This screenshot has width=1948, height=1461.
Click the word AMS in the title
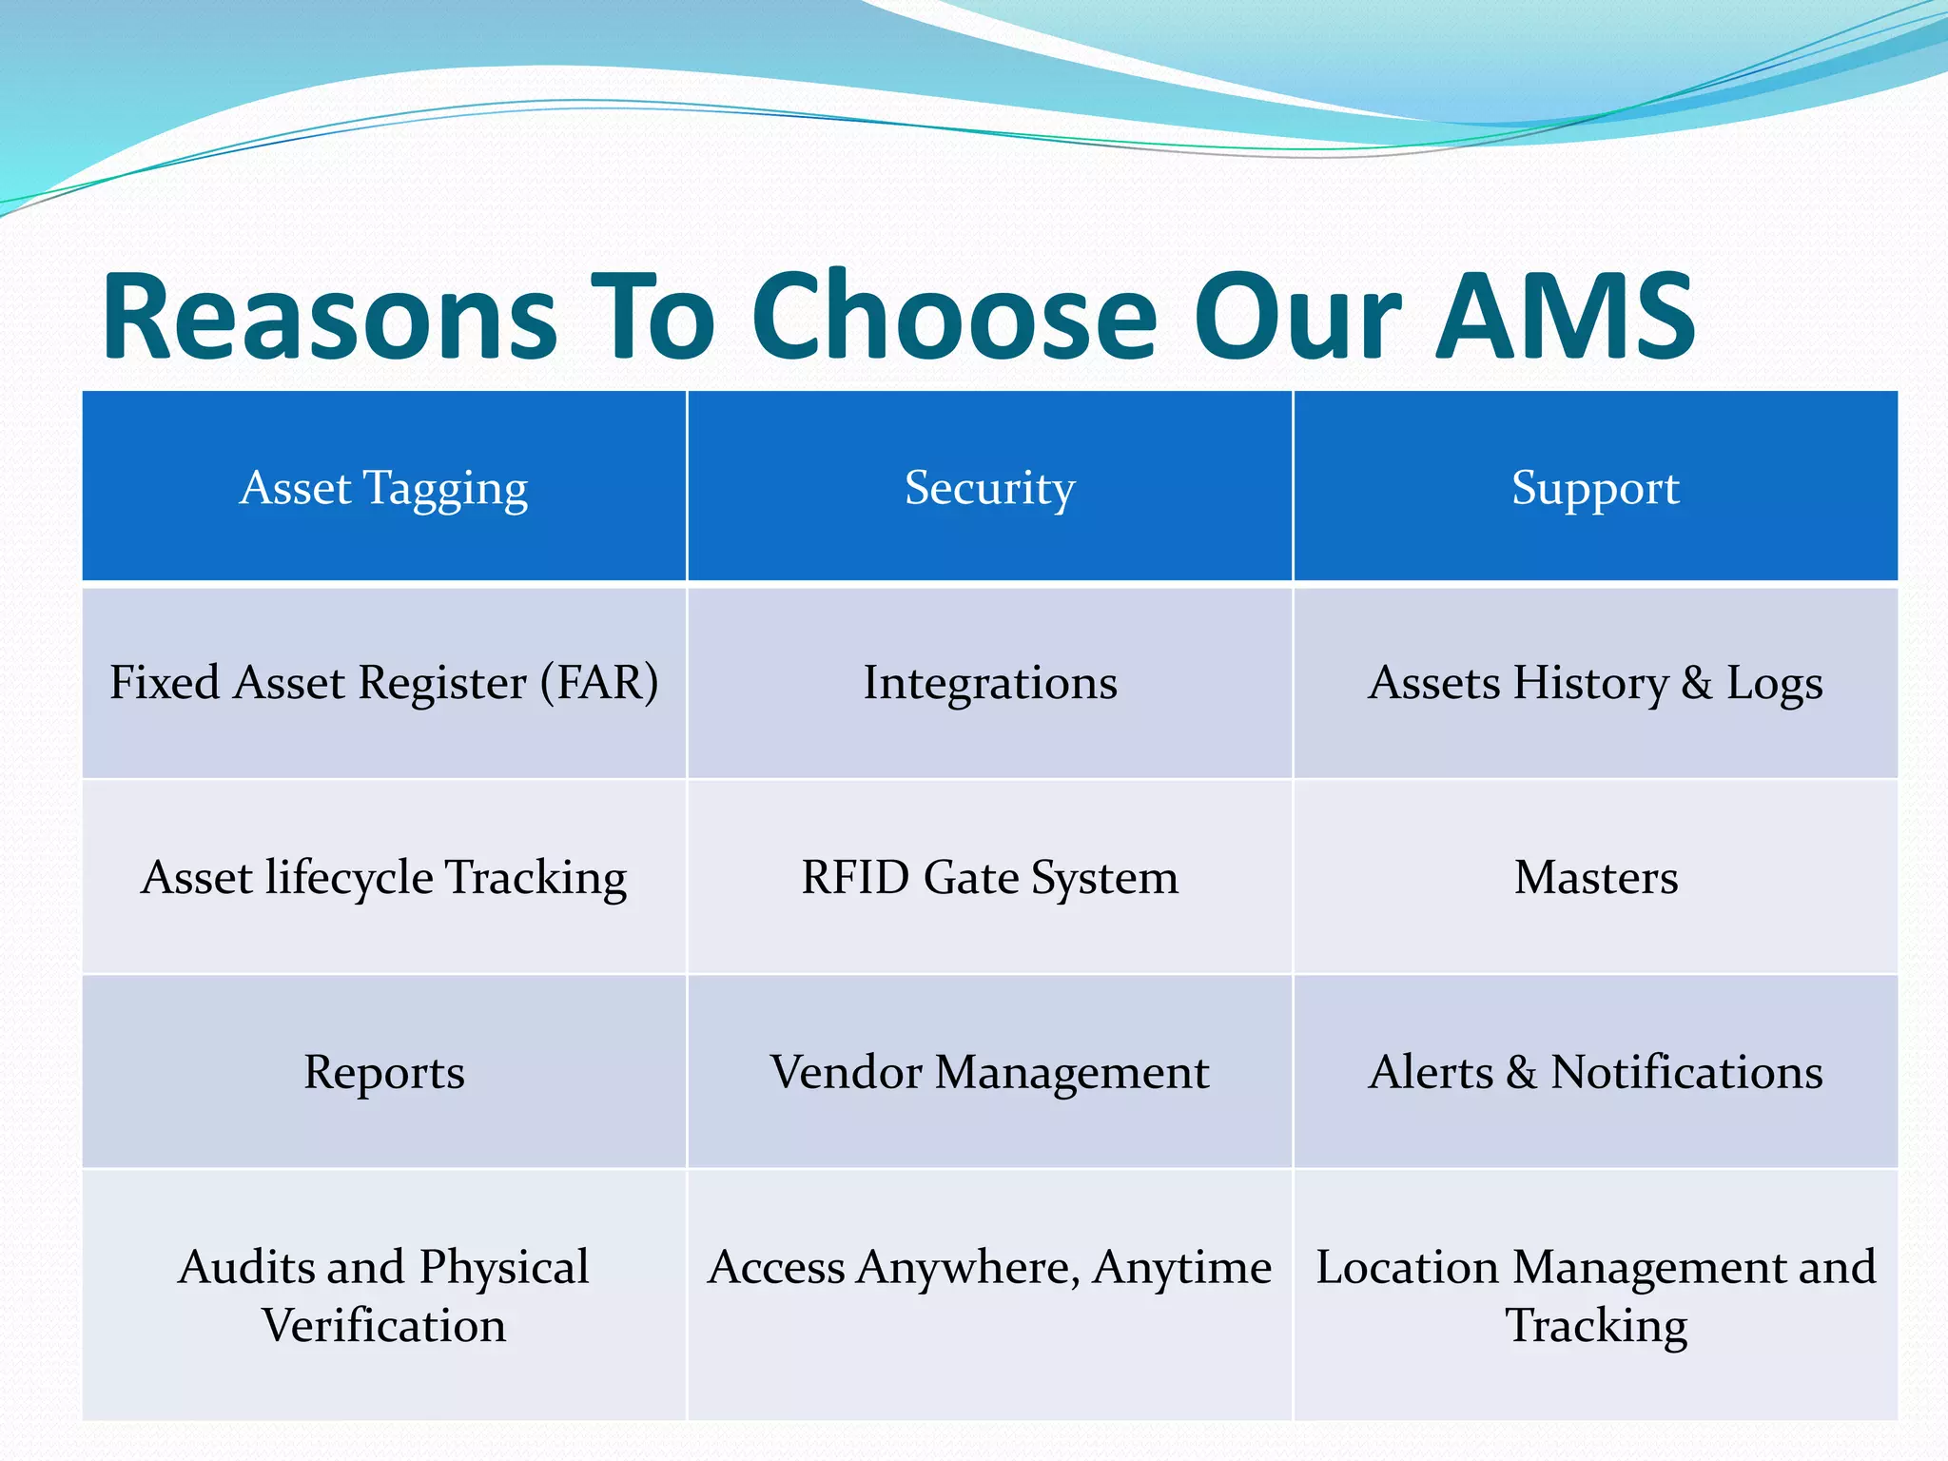pos(1565,317)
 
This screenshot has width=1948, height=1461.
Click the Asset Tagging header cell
pos(383,488)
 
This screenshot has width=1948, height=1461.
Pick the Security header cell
pos(989,488)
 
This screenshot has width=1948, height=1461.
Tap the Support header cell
pos(1595,488)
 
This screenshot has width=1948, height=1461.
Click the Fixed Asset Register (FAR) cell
pos(383,683)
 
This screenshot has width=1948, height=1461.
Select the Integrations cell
pos(989,683)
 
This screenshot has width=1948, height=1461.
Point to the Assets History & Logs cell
pos(1595,683)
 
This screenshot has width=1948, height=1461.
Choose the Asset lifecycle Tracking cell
pos(383,877)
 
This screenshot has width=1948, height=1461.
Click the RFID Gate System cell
pos(989,877)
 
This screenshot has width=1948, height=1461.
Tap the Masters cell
pos(1595,877)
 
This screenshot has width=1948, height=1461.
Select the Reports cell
pos(383,1072)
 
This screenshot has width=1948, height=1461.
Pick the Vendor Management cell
pos(989,1072)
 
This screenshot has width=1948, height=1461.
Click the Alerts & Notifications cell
pos(1595,1072)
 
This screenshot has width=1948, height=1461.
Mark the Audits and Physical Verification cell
pos(383,1295)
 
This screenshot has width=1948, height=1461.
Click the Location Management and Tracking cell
pos(1595,1295)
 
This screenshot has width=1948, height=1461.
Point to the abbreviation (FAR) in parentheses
pos(600,683)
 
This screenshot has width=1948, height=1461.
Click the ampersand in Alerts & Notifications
pos(1521,1073)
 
